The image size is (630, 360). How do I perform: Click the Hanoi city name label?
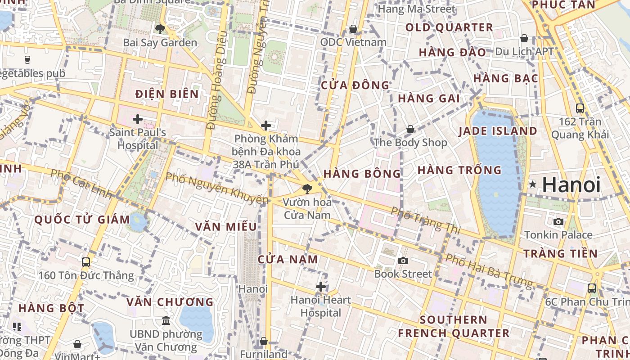click(x=571, y=185)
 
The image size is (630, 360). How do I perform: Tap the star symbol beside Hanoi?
click(x=533, y=184)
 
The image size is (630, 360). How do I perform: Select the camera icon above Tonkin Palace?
click(x=558, y=221)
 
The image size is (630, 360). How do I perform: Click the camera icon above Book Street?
click(x=403, y=261)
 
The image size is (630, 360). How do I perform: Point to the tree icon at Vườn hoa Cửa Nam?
click(x=307, y=189)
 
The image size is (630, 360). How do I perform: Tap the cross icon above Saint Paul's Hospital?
click(x=138, y=119)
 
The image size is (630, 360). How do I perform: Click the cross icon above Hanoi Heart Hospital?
click(x=320, y=286)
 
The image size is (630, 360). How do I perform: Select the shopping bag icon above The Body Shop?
click(x=410, y=129)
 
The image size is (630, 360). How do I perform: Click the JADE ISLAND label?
click(x=498, y=131)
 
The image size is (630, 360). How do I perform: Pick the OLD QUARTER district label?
click(x=449, y=27)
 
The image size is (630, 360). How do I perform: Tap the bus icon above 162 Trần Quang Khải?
click(x=580, y=108)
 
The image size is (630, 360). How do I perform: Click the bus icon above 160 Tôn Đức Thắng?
click(x=86, y=262)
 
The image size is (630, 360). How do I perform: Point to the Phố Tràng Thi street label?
click(x=425, y=220)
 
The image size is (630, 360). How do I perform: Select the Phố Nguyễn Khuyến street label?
click(x=217, y=188)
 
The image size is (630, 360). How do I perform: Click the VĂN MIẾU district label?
click(x=226, y=226)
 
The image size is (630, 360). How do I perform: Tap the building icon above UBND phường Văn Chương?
click(x=166, y=321)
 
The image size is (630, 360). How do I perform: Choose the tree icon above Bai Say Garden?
click(x=160, y=29)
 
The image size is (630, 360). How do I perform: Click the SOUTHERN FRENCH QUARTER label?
click(x=454, y=327)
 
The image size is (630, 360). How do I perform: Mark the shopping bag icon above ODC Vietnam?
click(x=354, y=29)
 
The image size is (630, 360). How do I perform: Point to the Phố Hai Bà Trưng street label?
click(x=489, y=271)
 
